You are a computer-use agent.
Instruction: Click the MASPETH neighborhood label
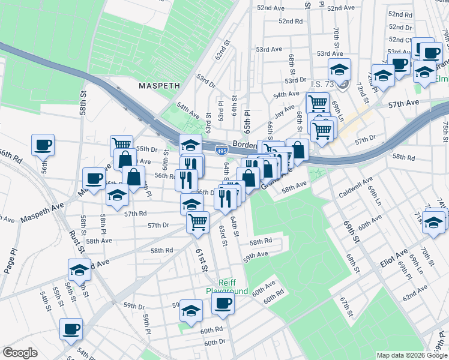tap(159, 86)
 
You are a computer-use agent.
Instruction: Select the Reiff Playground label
tap(227, 286)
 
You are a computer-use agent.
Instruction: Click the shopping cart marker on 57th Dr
tap(197, 223)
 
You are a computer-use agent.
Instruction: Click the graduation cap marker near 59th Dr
tap(191, 311)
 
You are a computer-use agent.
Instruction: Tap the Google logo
tap(20, 353)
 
